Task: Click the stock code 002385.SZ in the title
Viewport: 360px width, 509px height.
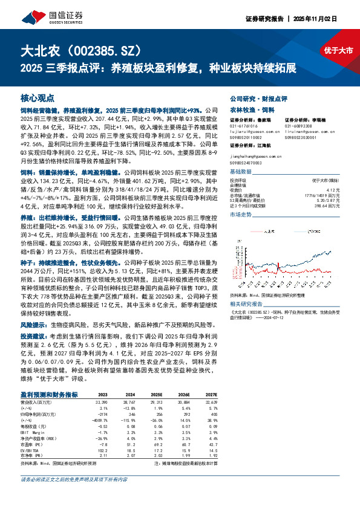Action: click(107, 50)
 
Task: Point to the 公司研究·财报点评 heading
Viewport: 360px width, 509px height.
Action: click(258, 98)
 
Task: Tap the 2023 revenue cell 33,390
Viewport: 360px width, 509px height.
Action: click(100, 401)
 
